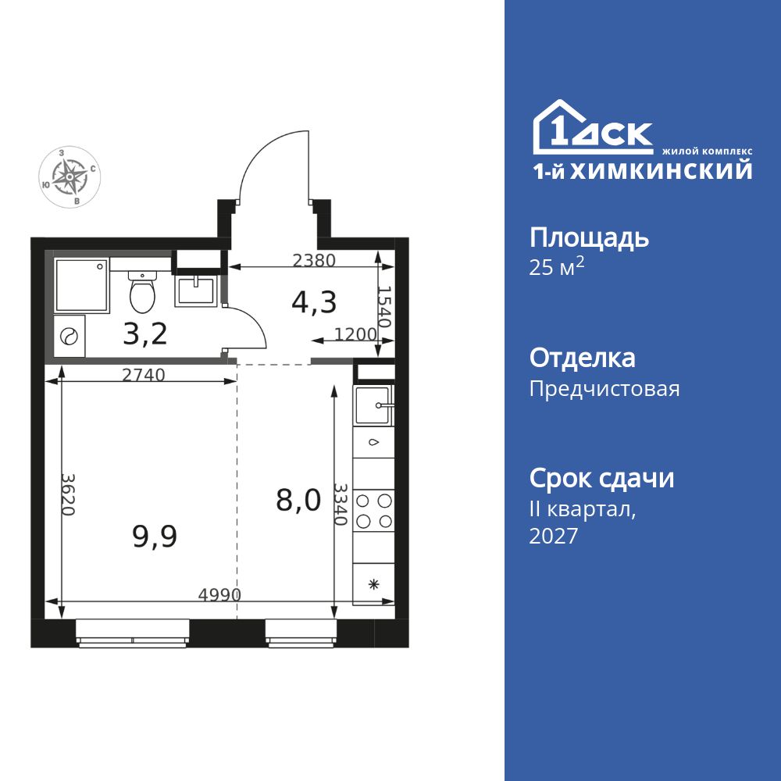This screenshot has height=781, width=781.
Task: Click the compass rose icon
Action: click(71, 178)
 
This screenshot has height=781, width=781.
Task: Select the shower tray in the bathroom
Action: click(80, 284)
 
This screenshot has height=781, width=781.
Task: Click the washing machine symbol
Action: click(69, 337)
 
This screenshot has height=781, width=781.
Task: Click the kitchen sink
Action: click(374, 405)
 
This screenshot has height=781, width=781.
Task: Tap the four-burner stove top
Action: click(373, 511)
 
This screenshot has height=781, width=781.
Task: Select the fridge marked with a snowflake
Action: click(373, 583)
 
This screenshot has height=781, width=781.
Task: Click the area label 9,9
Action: click(154, 537)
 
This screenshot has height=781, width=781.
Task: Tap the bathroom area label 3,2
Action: click(145, 333)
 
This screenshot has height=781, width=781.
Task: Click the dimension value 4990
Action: click(219, 594)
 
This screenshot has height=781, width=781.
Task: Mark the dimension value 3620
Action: click(69, 494)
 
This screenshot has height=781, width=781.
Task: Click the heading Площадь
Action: click(589, 237)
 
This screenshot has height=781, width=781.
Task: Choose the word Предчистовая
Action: click(604, 389)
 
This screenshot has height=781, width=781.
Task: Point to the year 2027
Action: click(553, 537)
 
